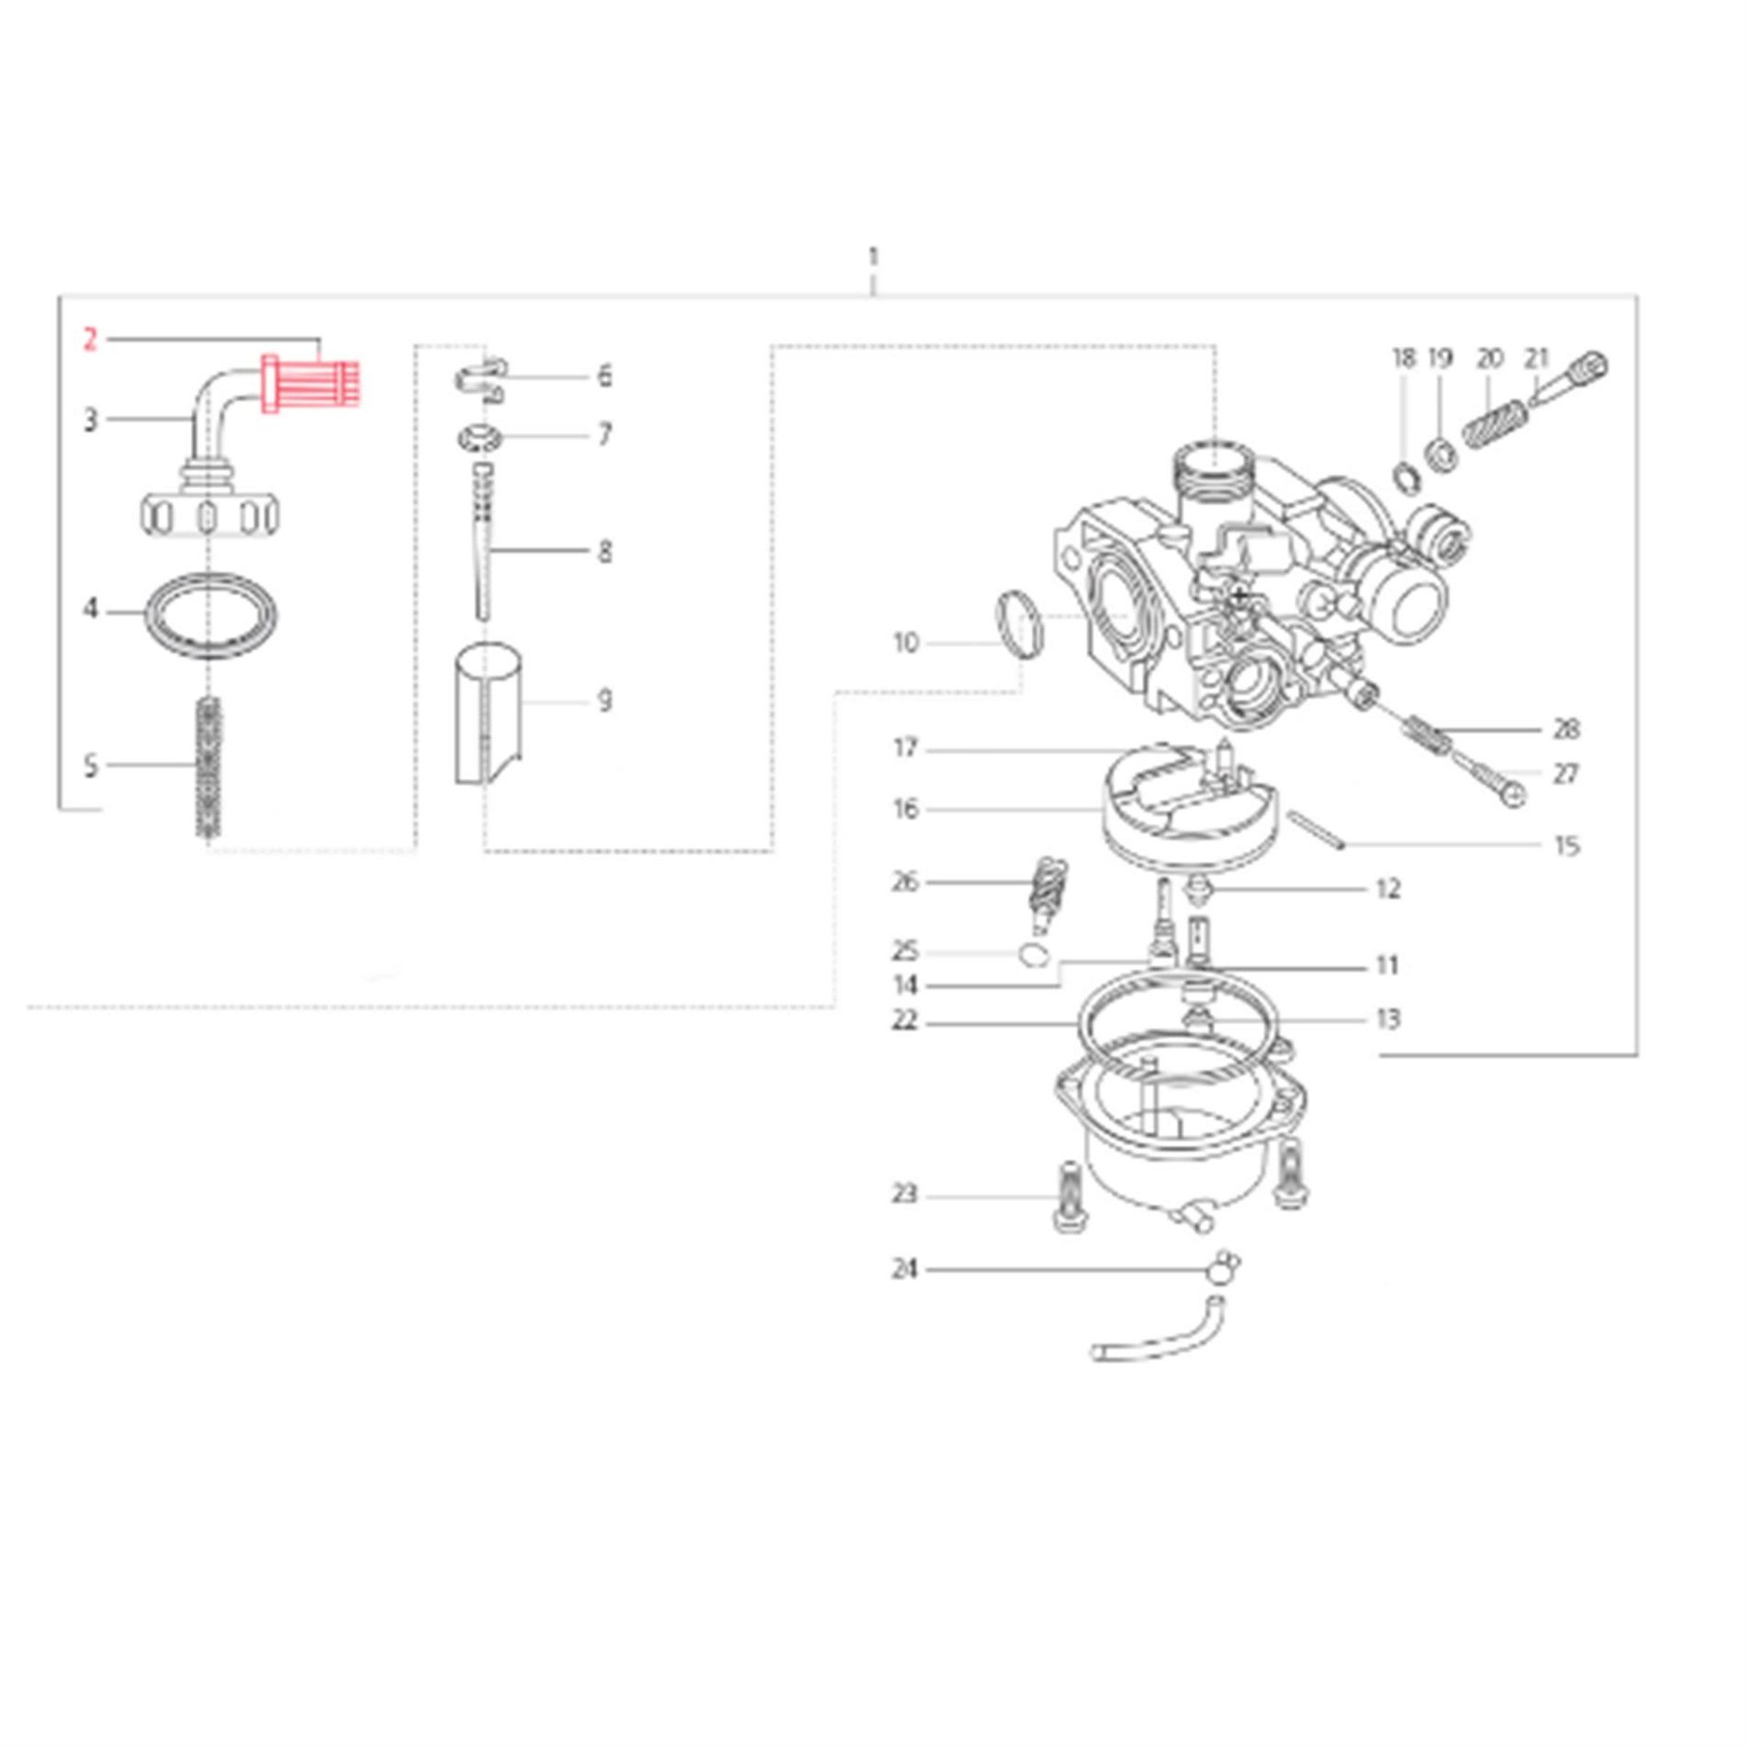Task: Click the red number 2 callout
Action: click(90, 341)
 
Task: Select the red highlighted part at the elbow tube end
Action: click(310, 382)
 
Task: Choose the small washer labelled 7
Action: click(481, 437)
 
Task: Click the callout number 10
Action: click(905, 643)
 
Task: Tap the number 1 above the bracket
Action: click(873, 258)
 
